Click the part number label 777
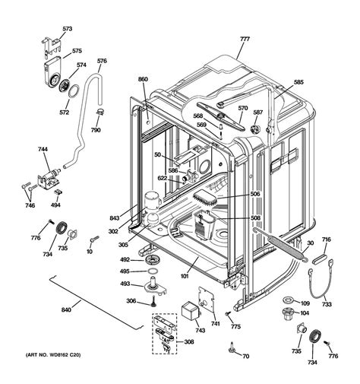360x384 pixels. [x=245, y=39]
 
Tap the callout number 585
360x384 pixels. [x=298, y=82]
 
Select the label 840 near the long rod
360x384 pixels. [x=66, y=309]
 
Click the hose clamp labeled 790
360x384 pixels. [x=100, y=111]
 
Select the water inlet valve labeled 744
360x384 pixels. [x=49, y=179]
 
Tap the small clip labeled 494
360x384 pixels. [x=58, y=192]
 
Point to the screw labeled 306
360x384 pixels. [x=153, y=301]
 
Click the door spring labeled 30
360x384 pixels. [x=280, y=244]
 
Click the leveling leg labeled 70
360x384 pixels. [x=232, y=348]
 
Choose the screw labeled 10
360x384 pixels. [x=94, y=239]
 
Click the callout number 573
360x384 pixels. [x=68, y=29]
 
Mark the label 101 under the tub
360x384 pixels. [x=185, y=276]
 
